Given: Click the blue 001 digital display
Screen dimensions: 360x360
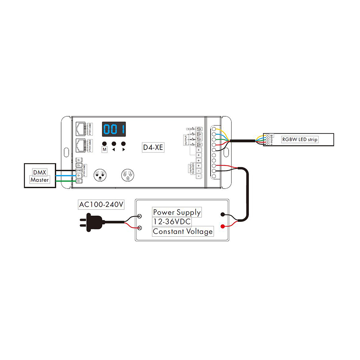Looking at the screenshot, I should pyautogui.click(x=114, y=129).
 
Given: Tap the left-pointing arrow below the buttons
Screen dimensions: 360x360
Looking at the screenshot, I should pyautogui.click(x=114, y=149).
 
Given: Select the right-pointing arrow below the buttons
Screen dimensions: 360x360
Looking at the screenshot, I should pyautogui.click(x=123, y=149).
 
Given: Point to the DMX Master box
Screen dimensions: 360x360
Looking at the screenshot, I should pyautogui.click(x=40, y=176).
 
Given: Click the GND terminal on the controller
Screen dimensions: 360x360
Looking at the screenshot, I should pyautogui.click(x=78, y=170).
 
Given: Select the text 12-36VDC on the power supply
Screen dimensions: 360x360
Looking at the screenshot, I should pyautogui.click(x=172, y=221).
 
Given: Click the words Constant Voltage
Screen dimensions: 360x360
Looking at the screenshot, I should pyautogui.click(x=183, y=231).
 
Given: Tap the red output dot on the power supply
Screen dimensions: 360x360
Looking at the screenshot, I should pyautogui.click(x=223, y=226).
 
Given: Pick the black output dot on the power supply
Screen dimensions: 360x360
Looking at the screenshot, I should pyautogui.click(x=223, y=215).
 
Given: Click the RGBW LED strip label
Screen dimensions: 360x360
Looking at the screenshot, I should pyautogui.click(x=300, y=139).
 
